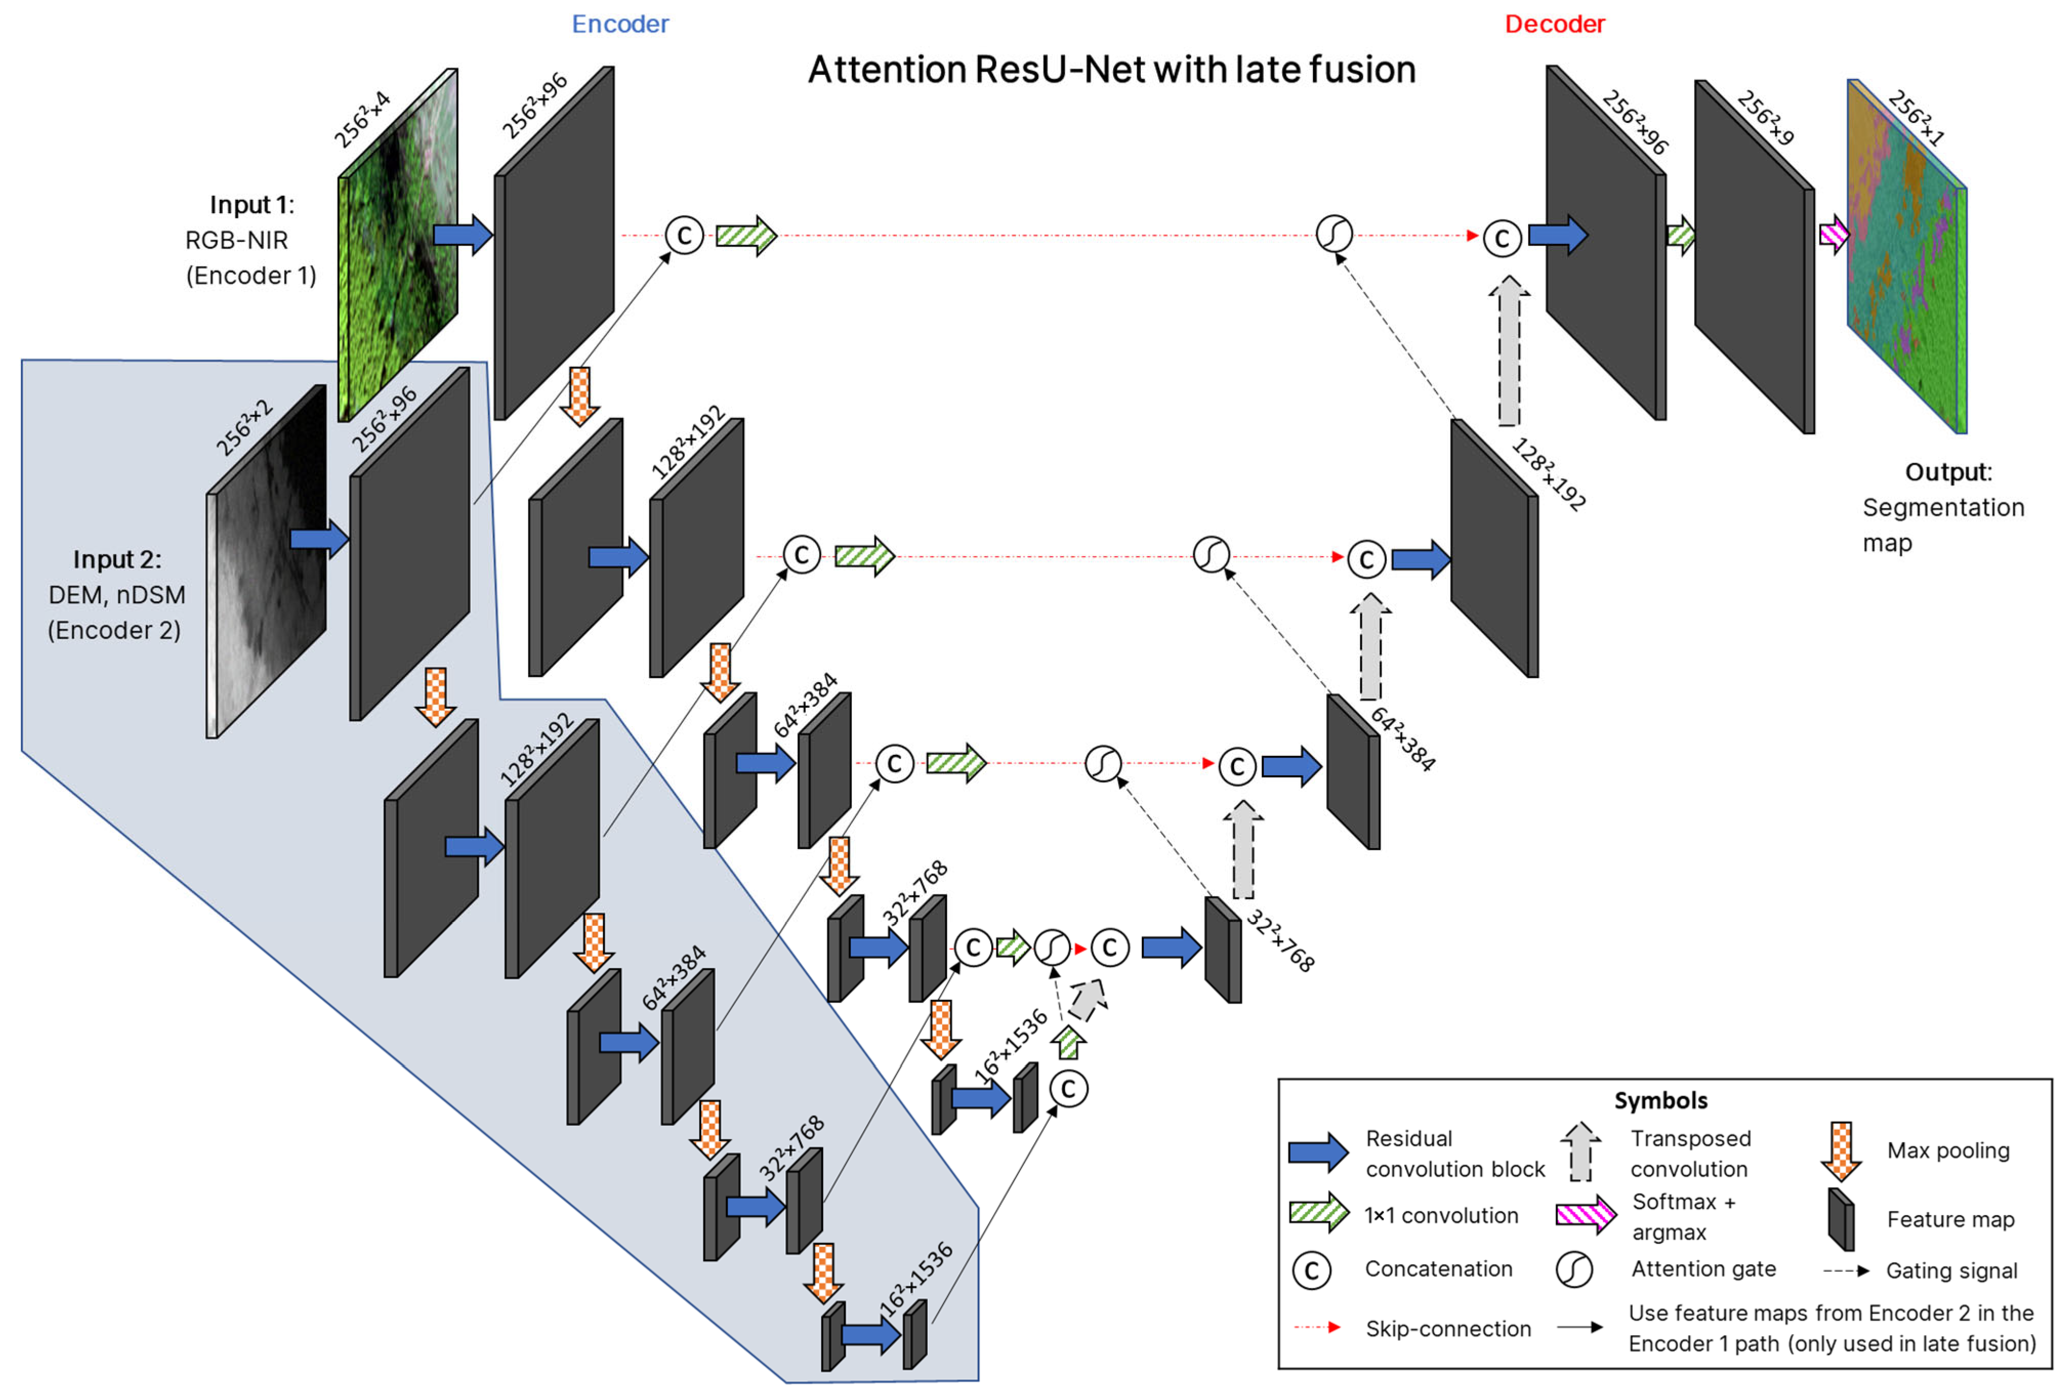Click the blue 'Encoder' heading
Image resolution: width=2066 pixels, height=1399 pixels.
coord(620,24)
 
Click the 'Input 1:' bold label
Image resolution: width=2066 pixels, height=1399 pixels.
coord(252,204)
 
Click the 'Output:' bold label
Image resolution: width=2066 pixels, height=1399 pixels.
coord(1948,472)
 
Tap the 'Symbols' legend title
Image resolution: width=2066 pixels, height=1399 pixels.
coord(1660,1101)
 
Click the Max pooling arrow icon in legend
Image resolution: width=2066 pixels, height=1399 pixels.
coord(1840,1150)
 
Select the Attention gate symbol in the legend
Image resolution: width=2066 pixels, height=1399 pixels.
coord(1574,1270)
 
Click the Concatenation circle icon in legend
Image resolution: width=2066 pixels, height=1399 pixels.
coord(1311,1271)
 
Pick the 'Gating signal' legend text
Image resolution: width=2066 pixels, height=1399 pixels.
coord(1951,1271)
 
